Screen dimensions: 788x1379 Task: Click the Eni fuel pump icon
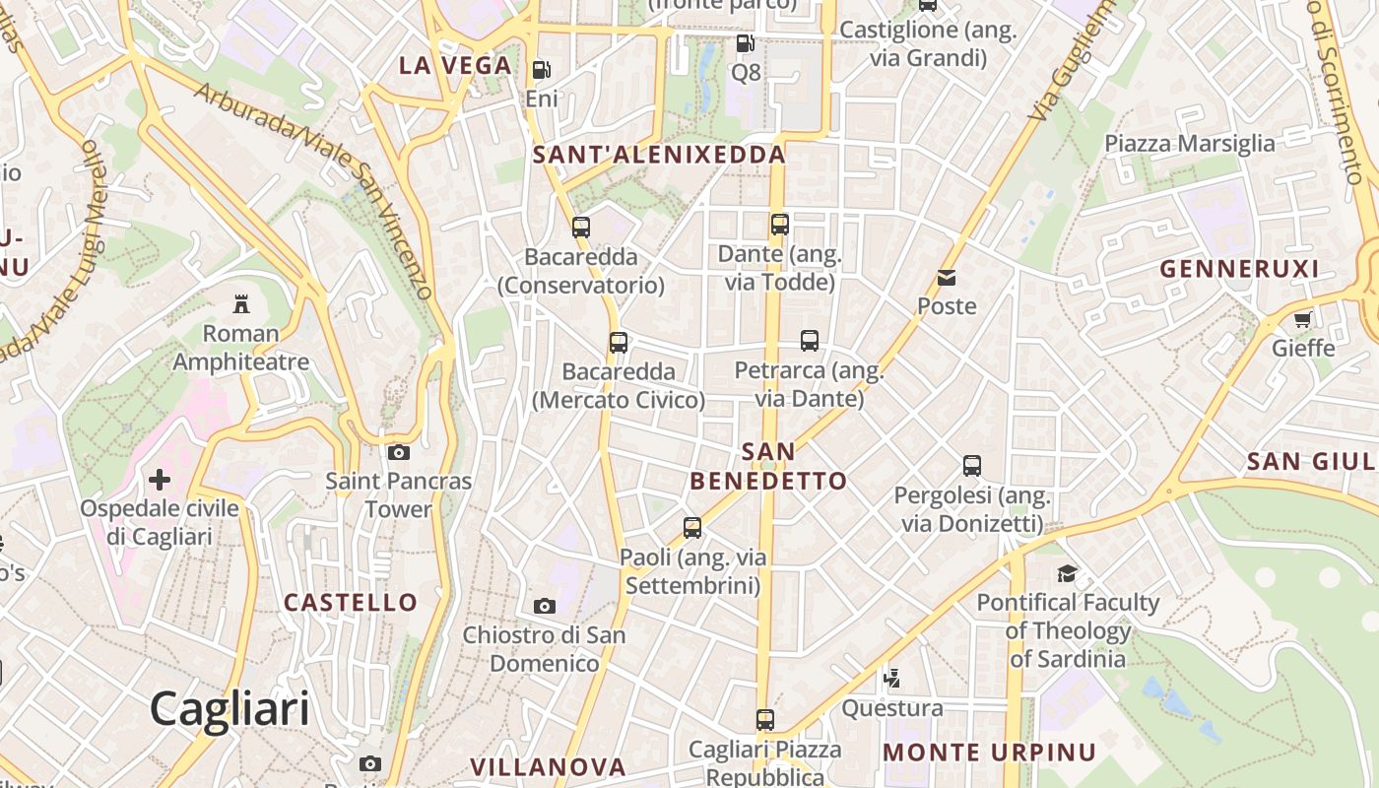point(541,70)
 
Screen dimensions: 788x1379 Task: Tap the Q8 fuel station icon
point(746,43)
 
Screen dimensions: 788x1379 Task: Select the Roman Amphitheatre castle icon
point(241,303)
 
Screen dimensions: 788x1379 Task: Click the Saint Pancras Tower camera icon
point(399,452)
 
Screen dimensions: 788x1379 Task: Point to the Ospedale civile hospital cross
point(160,480)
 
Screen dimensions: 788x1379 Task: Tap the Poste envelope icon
point(947,277)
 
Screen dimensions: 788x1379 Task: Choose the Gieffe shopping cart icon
point(1303,319)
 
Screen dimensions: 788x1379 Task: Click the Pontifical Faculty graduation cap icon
point(1067,573)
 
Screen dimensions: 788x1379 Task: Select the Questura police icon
point(892,678)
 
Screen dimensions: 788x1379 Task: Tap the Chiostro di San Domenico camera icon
point(544,606)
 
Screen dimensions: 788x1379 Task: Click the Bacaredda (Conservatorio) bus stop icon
point(581,228)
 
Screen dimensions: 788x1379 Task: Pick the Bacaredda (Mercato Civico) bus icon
point(619,343)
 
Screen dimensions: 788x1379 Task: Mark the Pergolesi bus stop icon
point(972,465)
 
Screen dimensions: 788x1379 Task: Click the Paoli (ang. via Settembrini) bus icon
point(692,528)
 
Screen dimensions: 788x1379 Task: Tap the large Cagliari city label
point(230,708)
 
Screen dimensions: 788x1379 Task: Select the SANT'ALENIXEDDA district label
point(659,154)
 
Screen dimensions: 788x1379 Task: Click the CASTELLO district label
point(351,602)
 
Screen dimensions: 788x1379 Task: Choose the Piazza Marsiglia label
point(1189,144)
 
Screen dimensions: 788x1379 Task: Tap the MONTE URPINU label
point(989,753)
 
